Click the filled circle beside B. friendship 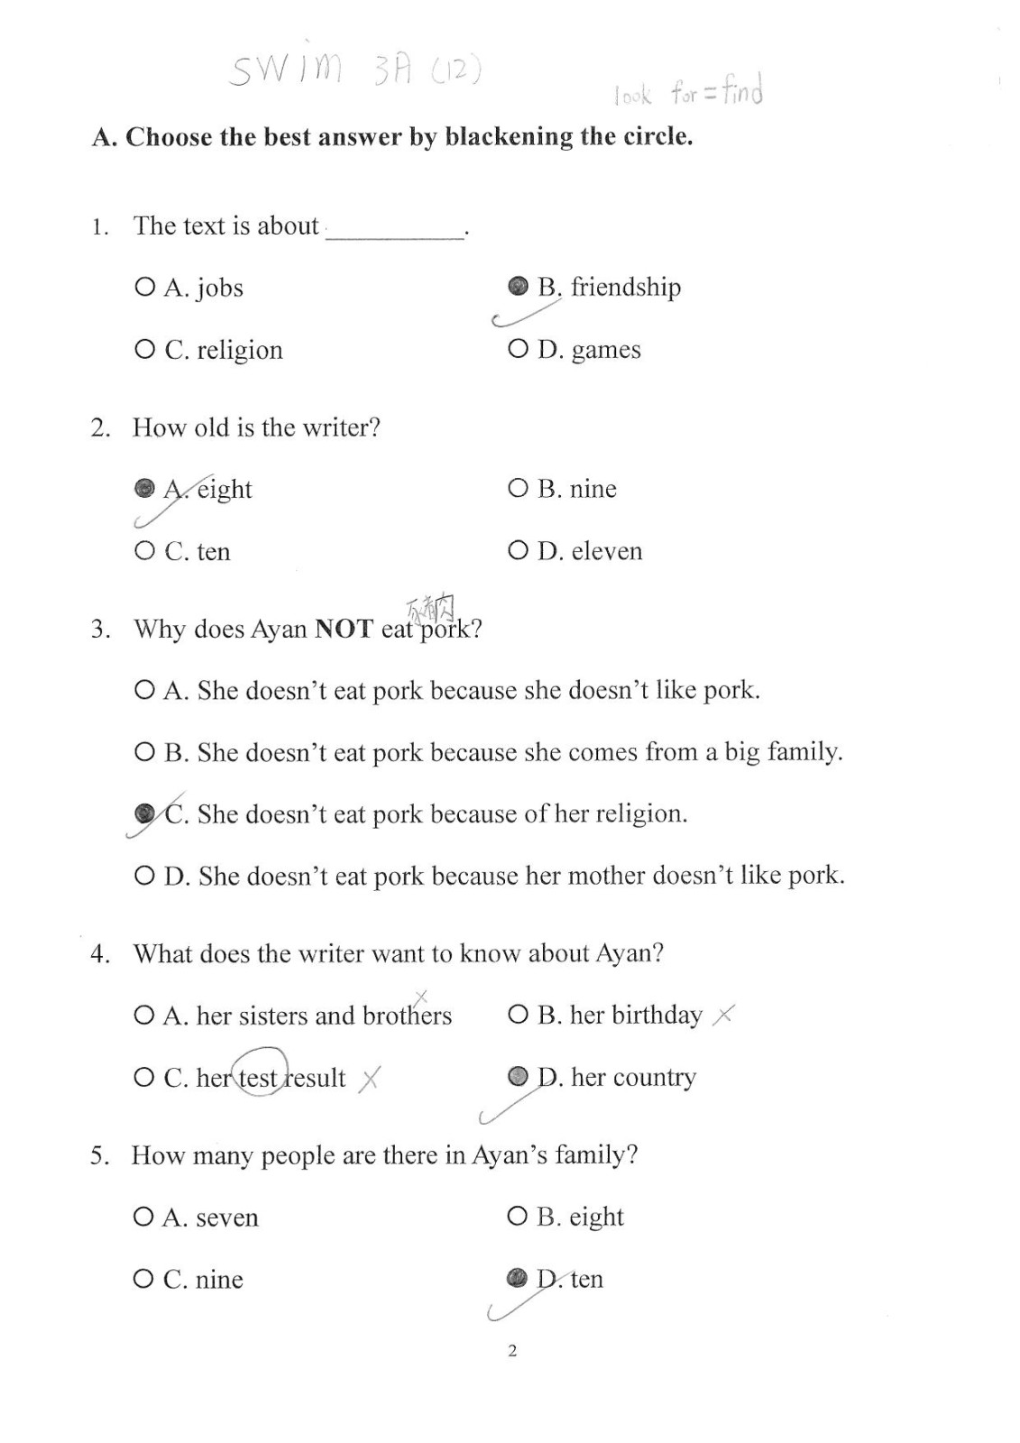pyautogui.click(x=518, y=286)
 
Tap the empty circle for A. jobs pyautogui.click(x=144, y=287)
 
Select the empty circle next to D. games pyautogui.click(x=518, y=348)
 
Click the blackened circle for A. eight pyautogui.click(x=144, y=488)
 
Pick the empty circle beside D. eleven pyautogui.click(x=518, y=550)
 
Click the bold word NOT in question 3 pyautogui.click(x=344, y=629)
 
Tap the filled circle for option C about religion pyautogui.click(x=144, y=813)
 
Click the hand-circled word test pyautogui.click(x=259, y=1076)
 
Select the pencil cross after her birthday pyautogui.click(x=723, y=1016)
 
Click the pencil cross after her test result pyautogui.click(x=369, y=1078)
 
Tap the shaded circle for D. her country pyautogui.click(x=518, y=1076)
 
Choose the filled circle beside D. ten pyautogui.click(x=517, y=1278)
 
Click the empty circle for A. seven pyautogui.click(x=143, y=1217)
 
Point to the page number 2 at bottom pyautogui.click(x=512, y=1350)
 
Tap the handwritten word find pyautogui.click(x=742, y=91)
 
